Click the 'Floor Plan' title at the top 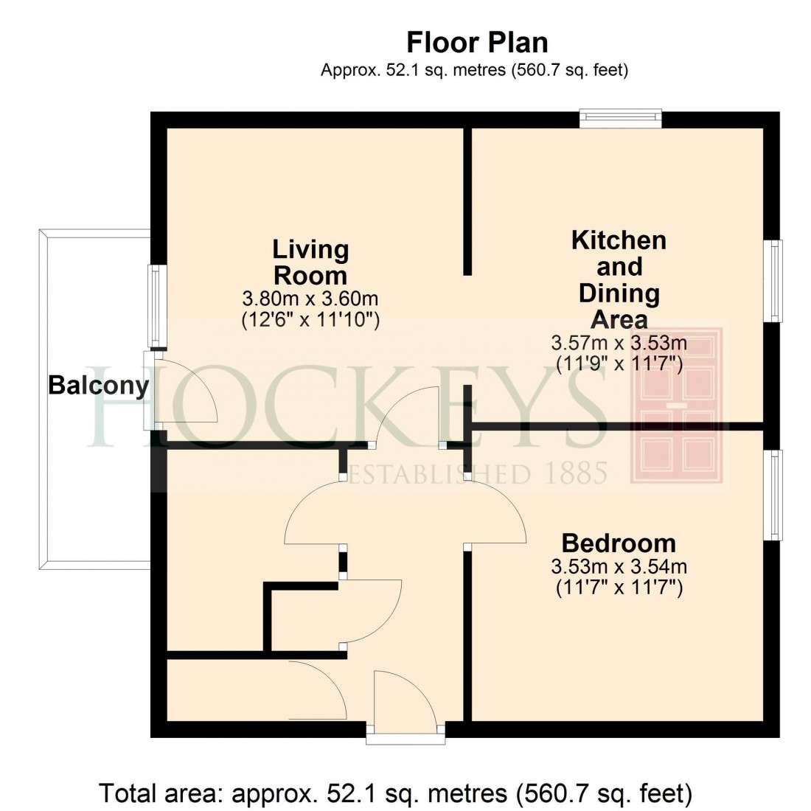477,42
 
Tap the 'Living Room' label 310,262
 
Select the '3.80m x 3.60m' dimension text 310,299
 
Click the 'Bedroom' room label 619,543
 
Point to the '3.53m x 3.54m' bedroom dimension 619,567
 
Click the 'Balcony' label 98,385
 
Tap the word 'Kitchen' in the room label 619,240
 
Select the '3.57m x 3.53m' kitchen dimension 619,343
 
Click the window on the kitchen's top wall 620,118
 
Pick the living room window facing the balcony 156,306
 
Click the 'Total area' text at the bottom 396,793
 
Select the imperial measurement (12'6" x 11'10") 310,320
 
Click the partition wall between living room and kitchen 467,201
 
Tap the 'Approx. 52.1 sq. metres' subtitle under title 474,71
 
